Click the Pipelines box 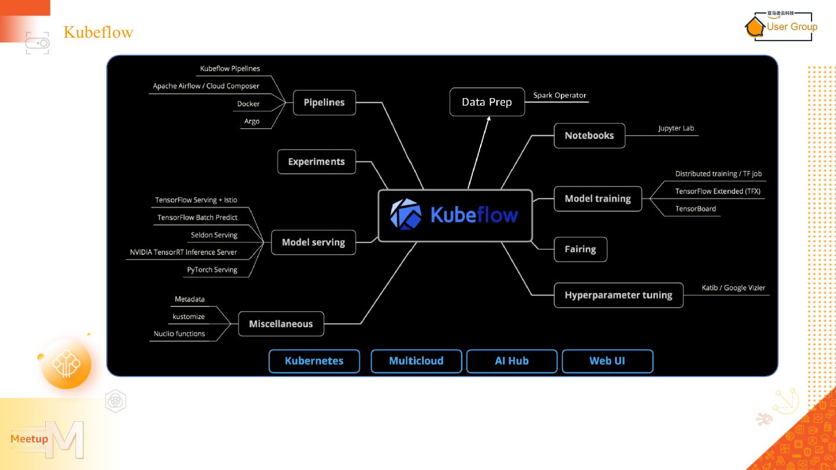324,103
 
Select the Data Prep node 487,102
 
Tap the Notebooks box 589,136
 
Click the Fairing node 580,250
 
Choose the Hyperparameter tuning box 618,295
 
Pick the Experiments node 316,162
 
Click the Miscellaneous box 281,324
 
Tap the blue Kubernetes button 314,361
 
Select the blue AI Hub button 511,361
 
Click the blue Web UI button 607,361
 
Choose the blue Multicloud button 416,361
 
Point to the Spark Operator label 560,96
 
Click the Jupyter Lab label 676,129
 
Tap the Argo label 252,122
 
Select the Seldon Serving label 214,236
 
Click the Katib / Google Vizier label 733,288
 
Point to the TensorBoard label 696,209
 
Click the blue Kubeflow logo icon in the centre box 406,215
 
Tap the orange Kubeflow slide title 98,32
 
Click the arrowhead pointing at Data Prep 489,119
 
